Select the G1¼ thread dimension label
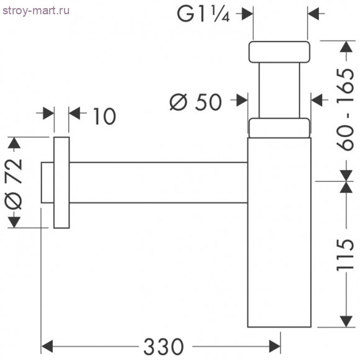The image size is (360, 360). click(x=205, y=14)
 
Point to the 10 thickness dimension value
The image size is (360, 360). click(x=104, y=116)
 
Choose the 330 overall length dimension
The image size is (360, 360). click(x=164, y=345)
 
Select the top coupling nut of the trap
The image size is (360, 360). click(x=279, y=52)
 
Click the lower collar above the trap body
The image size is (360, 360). click(x=279, y=127)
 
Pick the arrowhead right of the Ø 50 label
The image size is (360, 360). click(x=241, y=99)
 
